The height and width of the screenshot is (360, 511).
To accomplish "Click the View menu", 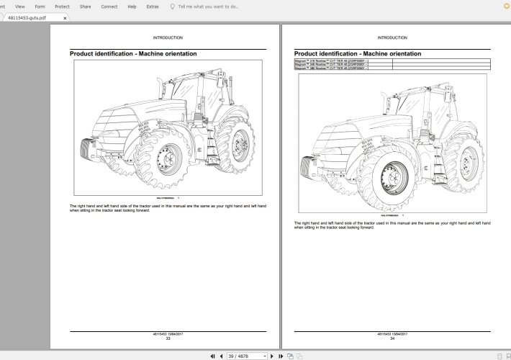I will [x=20, y=6].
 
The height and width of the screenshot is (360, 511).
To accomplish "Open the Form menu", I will [x=40, y=6].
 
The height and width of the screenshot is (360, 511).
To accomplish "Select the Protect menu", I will [x=63, y=6].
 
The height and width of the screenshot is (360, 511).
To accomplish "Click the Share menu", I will [x=86, y=6].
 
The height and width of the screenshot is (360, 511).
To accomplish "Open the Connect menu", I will [x=109, y=6].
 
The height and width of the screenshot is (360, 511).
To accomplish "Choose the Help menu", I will [x=132, y=6].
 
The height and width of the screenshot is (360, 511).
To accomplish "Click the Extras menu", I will [x=153, y=6].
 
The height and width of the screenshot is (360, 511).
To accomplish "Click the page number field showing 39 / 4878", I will [x=246, y=356].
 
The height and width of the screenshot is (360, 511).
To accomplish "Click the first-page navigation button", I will [x=212, y=356].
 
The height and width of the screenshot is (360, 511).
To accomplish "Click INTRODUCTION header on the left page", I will [x=168, y=37].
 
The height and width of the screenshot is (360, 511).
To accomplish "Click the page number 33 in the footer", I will [x=168, y=338].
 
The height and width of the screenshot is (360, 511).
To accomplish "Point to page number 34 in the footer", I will [x=392, y=338].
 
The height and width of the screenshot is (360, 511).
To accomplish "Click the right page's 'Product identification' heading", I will [x=358, y=53].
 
